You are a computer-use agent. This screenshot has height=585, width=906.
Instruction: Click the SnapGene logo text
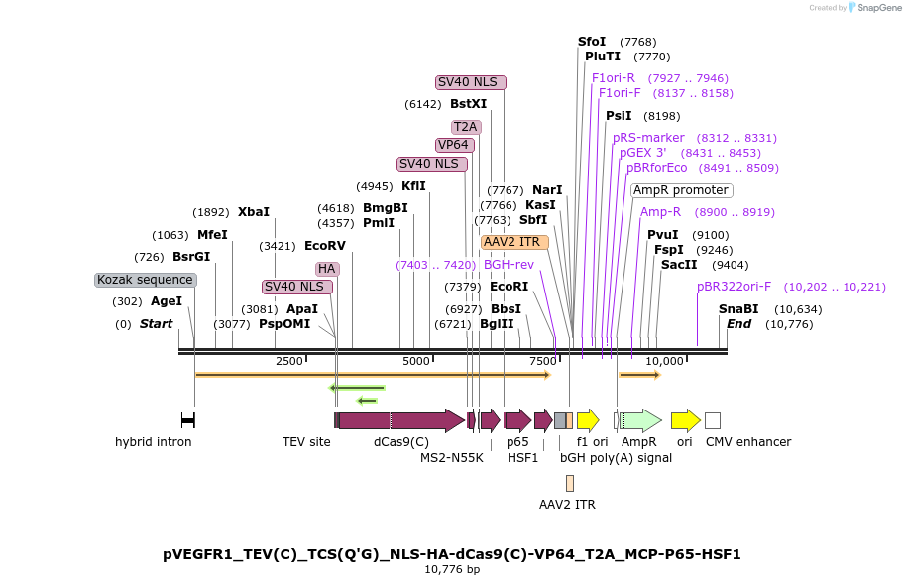pos(879,8)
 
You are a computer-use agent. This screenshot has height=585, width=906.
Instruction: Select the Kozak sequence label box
pos(146,280)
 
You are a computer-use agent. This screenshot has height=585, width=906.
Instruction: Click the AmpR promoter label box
pos(682,190)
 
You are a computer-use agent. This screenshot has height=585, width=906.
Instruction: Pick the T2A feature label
pos(466,127)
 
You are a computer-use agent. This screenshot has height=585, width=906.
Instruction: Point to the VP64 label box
pos(455,145)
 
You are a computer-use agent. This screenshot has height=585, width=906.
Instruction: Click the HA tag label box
pos(327,269)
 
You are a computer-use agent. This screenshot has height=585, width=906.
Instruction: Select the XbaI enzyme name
pos(254,212)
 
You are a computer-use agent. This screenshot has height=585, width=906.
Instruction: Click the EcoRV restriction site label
pos(325,246)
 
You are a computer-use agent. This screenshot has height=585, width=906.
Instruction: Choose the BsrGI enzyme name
pos(191,257)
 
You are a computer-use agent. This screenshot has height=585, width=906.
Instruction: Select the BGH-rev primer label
pos(509,265)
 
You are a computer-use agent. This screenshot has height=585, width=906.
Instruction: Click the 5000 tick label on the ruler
pos(416,361)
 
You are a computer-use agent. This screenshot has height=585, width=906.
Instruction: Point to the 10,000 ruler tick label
pos(664,361)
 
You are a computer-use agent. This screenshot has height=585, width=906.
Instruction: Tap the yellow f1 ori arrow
pos(588,420)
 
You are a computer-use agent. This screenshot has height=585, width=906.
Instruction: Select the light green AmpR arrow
pos(640,420)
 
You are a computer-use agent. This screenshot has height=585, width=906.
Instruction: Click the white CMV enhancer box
pos(713,420)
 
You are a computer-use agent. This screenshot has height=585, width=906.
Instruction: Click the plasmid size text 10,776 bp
pos(452,570)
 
